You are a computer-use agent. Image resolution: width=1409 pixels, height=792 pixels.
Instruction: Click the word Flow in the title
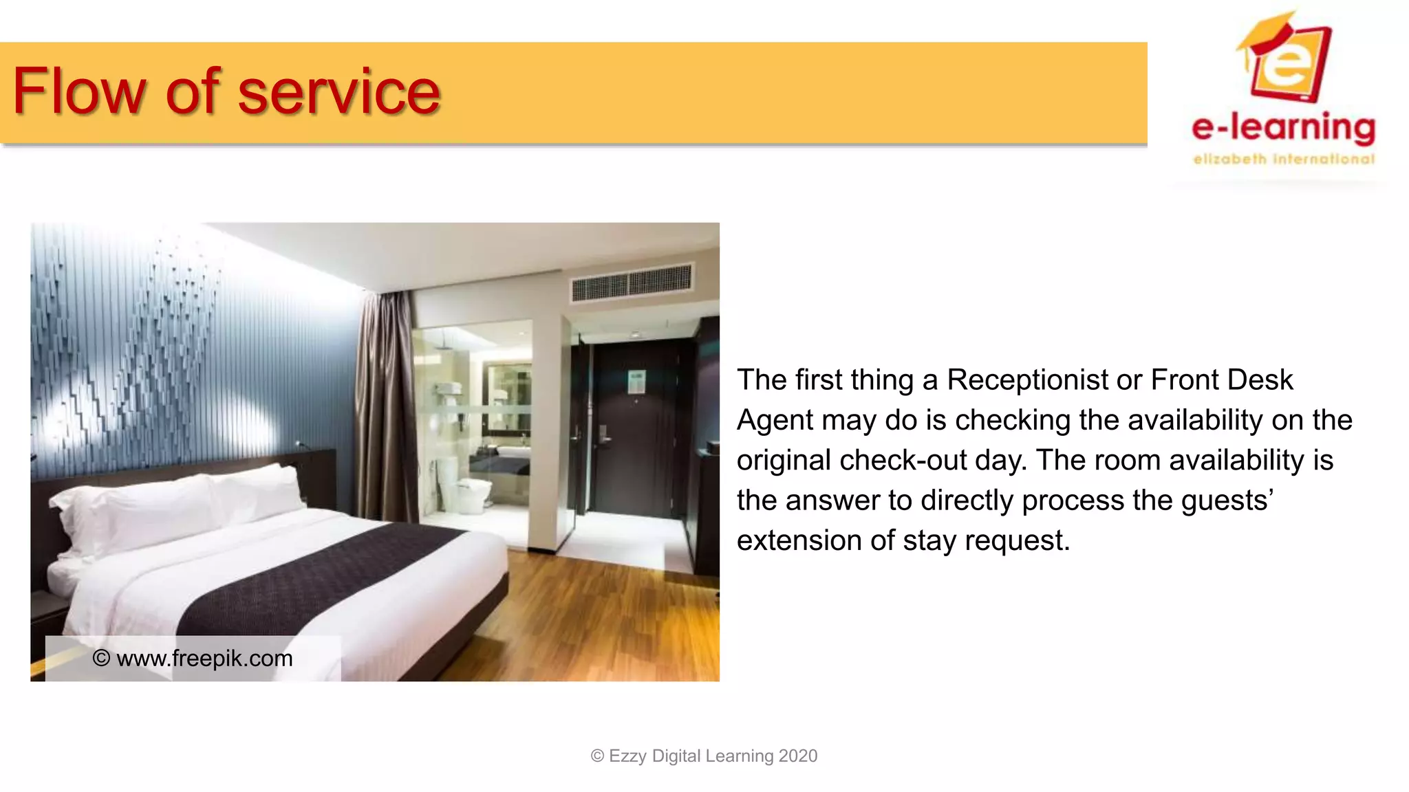tap(78, 91)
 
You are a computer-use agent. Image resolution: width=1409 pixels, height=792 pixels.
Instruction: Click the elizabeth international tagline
tap(1284, 159)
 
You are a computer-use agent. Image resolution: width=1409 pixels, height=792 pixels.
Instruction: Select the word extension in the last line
tap(799, 541)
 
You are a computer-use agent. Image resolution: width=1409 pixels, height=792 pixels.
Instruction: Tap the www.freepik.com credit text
tap(193, 659)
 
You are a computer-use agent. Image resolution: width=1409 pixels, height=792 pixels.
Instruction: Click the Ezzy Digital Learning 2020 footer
tap(704, 756)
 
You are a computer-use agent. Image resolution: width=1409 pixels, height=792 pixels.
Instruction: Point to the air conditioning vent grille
tap(632, 282)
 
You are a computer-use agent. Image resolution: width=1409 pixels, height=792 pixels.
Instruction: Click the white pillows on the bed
tap(186, 502)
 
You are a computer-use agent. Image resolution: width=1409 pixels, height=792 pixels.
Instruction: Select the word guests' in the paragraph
tap(1227, 500)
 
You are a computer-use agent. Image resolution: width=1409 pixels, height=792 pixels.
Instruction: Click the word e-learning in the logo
tap(1284, 128)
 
